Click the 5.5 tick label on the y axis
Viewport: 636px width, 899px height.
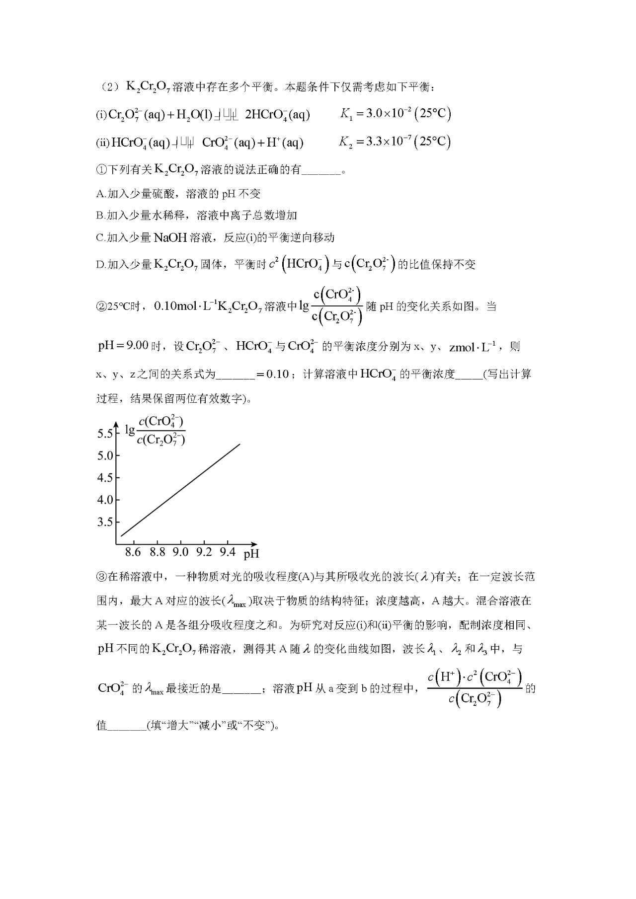[x=105, y=434]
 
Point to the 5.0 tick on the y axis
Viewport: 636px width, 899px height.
[x=105, y=456]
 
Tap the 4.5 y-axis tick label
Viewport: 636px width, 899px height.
[x=105, y=478]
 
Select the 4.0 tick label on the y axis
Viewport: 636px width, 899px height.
[x=105, y=500]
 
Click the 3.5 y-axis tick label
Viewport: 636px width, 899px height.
[x=105, y=522]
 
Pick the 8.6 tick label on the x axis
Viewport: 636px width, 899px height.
[x=133, y=552]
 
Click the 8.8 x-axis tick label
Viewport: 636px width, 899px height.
[x=157, y=552]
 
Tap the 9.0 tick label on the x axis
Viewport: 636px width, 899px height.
[x=180, y=552]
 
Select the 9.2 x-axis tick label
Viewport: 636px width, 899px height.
[x=204, y=552]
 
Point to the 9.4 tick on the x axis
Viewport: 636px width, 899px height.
[x=228, y=552]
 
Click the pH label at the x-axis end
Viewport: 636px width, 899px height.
[x=251, y=554]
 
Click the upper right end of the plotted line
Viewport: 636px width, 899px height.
[x=240, y=444]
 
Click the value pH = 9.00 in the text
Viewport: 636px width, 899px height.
[x=123, y=346]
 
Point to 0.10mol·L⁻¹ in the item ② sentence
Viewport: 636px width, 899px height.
[x=184, y=306]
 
